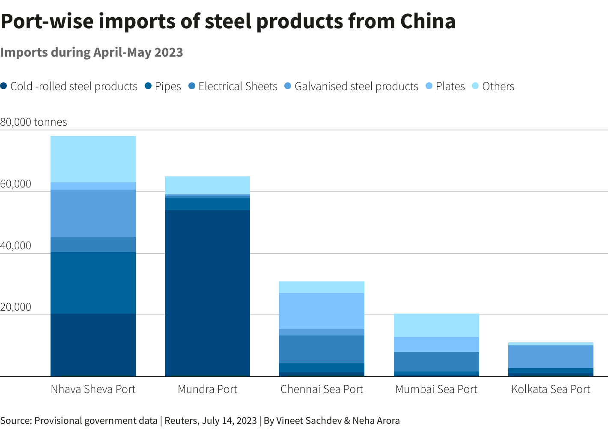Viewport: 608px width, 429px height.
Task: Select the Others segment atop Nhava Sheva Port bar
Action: pos(93,159)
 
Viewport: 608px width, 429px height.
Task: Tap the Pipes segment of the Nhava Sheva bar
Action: pos(93,283)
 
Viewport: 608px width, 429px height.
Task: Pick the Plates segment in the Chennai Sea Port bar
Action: pos(322,311)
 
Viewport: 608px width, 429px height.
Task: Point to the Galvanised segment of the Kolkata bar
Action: pos(551,356)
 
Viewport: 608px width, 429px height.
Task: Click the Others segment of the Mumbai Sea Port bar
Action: pos(436,325)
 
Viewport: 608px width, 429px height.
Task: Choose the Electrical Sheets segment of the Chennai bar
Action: pos(322,349)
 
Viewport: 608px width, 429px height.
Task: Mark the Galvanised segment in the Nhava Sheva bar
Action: pos(93,213)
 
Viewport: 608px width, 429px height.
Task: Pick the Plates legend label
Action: pos(450,86)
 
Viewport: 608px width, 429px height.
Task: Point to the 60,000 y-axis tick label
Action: pos(16,184)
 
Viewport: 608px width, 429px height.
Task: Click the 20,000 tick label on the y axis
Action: pos(16,307)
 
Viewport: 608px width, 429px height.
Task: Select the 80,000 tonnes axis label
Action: pos(33,122)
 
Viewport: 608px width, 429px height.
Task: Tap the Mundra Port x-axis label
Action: pos(207,389)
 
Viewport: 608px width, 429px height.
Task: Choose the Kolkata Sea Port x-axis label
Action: pos(551,389)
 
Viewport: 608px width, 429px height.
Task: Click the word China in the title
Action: pos(428,21)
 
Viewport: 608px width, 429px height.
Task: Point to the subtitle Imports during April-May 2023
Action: pos(92,52)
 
